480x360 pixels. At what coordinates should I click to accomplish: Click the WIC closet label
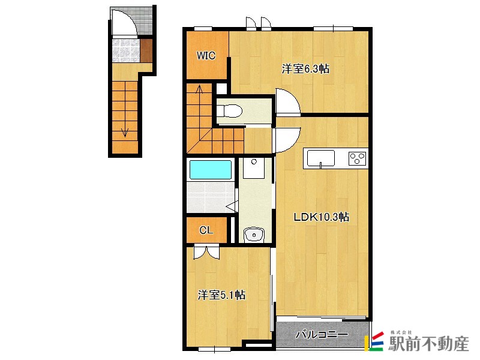(x=206, y=55)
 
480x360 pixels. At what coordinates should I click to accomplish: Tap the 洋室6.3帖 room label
(x=305, y=69)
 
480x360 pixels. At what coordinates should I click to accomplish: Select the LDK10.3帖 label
(x=321, y=217)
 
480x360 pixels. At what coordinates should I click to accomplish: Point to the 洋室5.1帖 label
(x=221, y=295)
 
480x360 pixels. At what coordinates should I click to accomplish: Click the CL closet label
(x=206, y=230)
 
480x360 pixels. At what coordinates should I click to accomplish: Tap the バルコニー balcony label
(x=322, y=335)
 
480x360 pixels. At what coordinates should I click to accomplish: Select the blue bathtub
(x=211, y=170)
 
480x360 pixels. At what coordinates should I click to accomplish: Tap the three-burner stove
(x=357, y=158)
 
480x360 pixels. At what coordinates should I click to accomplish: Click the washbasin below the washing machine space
(x=254, y=235)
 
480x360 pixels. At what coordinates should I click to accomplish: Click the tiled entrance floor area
(x=126, y=50)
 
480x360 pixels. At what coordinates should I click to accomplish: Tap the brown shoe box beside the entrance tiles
(x=146, y=50)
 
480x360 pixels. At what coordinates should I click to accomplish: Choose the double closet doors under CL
(x=206, y=251)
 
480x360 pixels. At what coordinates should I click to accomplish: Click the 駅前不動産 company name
(x=428, y=343)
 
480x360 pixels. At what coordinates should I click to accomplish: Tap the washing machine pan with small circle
(x=254, y=168)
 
